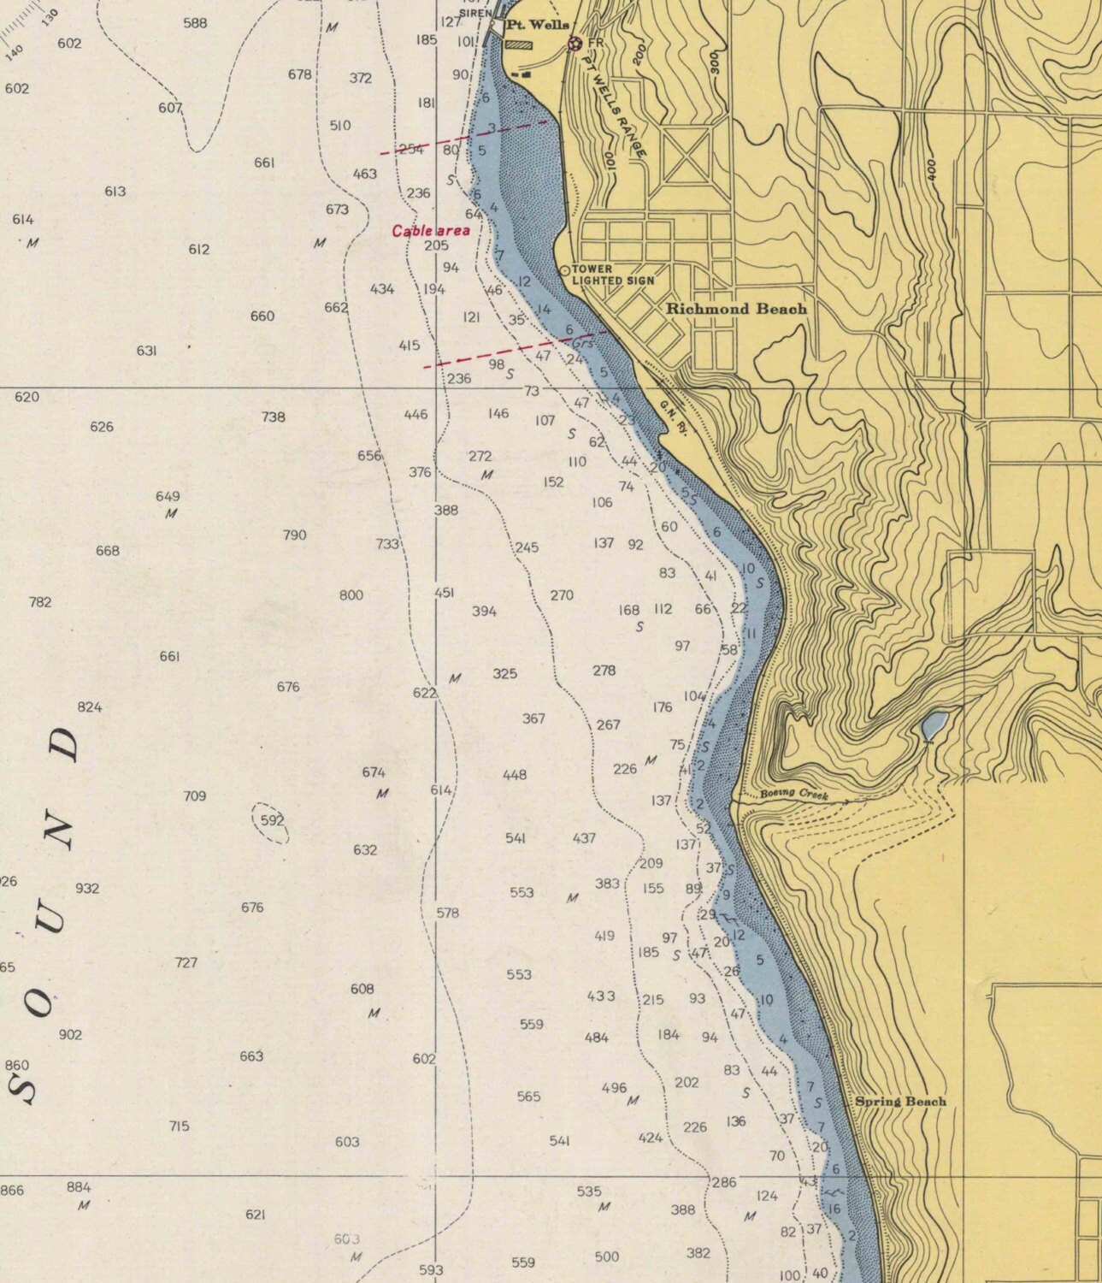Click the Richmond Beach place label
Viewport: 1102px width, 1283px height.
pyautogui.click(x=736, y=309)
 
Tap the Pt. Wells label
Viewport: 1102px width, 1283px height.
pyautogui.click(x=536, y=26)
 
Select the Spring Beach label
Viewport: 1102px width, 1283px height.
pyautogui.click(x=900, y=1102)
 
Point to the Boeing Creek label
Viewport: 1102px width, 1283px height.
pyautogui.click(x=794, y=795)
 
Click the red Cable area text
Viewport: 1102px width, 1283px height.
pyautogui.click(x=431, y=231)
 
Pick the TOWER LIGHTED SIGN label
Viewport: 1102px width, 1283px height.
pyautogui.click(x=612, y=275)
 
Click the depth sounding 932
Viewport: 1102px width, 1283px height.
pyautogui.click(x=87, y=889)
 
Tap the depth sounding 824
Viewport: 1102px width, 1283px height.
pyautogui.click(x=90, y=707)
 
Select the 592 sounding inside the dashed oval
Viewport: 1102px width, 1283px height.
pyautogui.click(x=272, y=820)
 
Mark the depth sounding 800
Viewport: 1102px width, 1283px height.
pyautogui.click(x=351, y=595)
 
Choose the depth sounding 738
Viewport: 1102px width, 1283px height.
pyautogui.click(x=274, y=417)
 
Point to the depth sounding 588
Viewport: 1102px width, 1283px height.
pyautogui.click(x=195, y=23)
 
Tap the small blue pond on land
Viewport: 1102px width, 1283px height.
pyautogui.click(x=933, y=725)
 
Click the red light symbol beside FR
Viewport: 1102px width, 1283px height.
pyautogui.click(x=575, y=43)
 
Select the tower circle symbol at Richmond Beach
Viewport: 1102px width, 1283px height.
pyautogui.click(x=564, y=270)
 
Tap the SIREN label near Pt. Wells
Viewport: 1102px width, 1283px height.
pyautogui.click(x=475, y=13)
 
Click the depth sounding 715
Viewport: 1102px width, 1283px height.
pyautogui.click(x=179, y=1126)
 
